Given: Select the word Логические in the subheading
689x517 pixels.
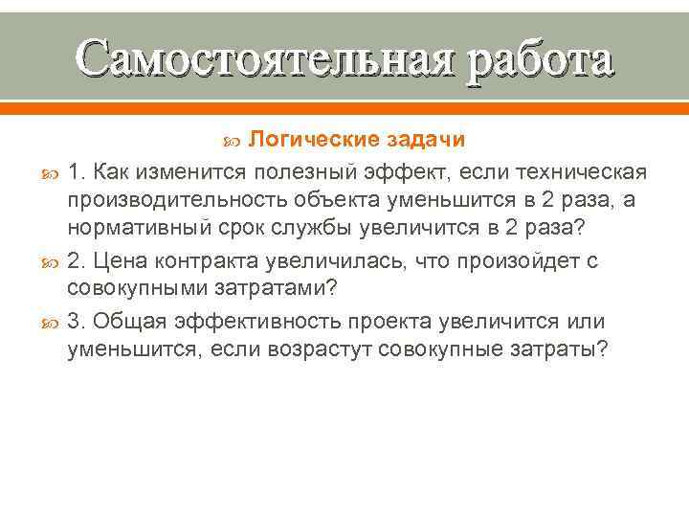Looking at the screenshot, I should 314,140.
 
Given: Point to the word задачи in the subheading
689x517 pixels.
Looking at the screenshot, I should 426,140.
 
